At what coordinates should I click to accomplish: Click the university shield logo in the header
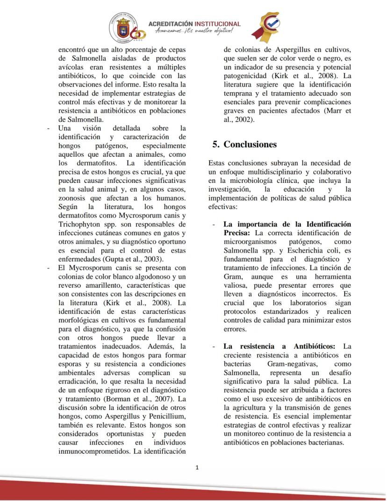(x=122, y=27)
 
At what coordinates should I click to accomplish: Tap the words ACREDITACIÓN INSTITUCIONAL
(x=194, y=24)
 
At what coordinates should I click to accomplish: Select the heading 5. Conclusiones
(x=244, y=145)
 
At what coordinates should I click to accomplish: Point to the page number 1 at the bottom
(x=197, y=467)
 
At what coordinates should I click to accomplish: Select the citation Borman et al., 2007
(x=141, y=399)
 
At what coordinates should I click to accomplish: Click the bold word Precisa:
(x=238, y=232)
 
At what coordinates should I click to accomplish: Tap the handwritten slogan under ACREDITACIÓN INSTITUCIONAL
(x=194, y=31)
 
